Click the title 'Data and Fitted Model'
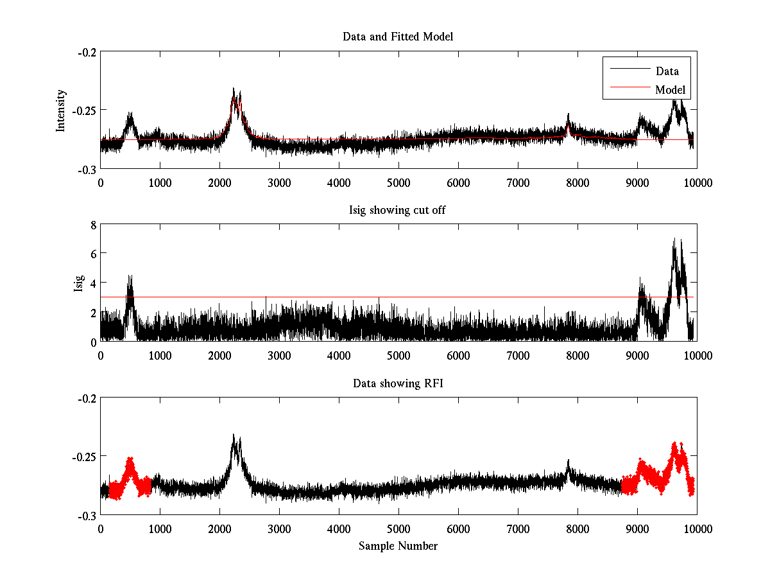(x=398, y=37)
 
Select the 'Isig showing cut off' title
(x=398, y=210)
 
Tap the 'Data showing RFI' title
(x=398, y=383)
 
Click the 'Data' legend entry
(x=667, y=71)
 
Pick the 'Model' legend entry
(x=670, y=90)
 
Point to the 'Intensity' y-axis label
(x=61, y=110)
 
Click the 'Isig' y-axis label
(x=78, y=283)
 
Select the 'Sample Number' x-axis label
(x=398, y=546)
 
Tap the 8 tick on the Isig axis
(x=92, y=225)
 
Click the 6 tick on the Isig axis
(x=92, y=254)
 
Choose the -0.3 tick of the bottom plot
(x=87, y=515)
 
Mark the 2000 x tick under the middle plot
(x=219, y=355)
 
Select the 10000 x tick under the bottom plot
(x=697, y=529)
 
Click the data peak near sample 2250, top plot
(x=234, y=90)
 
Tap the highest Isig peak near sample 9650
(x=674, y=240)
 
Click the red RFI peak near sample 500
(x=130, y=460)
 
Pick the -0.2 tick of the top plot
(x=87, y=52)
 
